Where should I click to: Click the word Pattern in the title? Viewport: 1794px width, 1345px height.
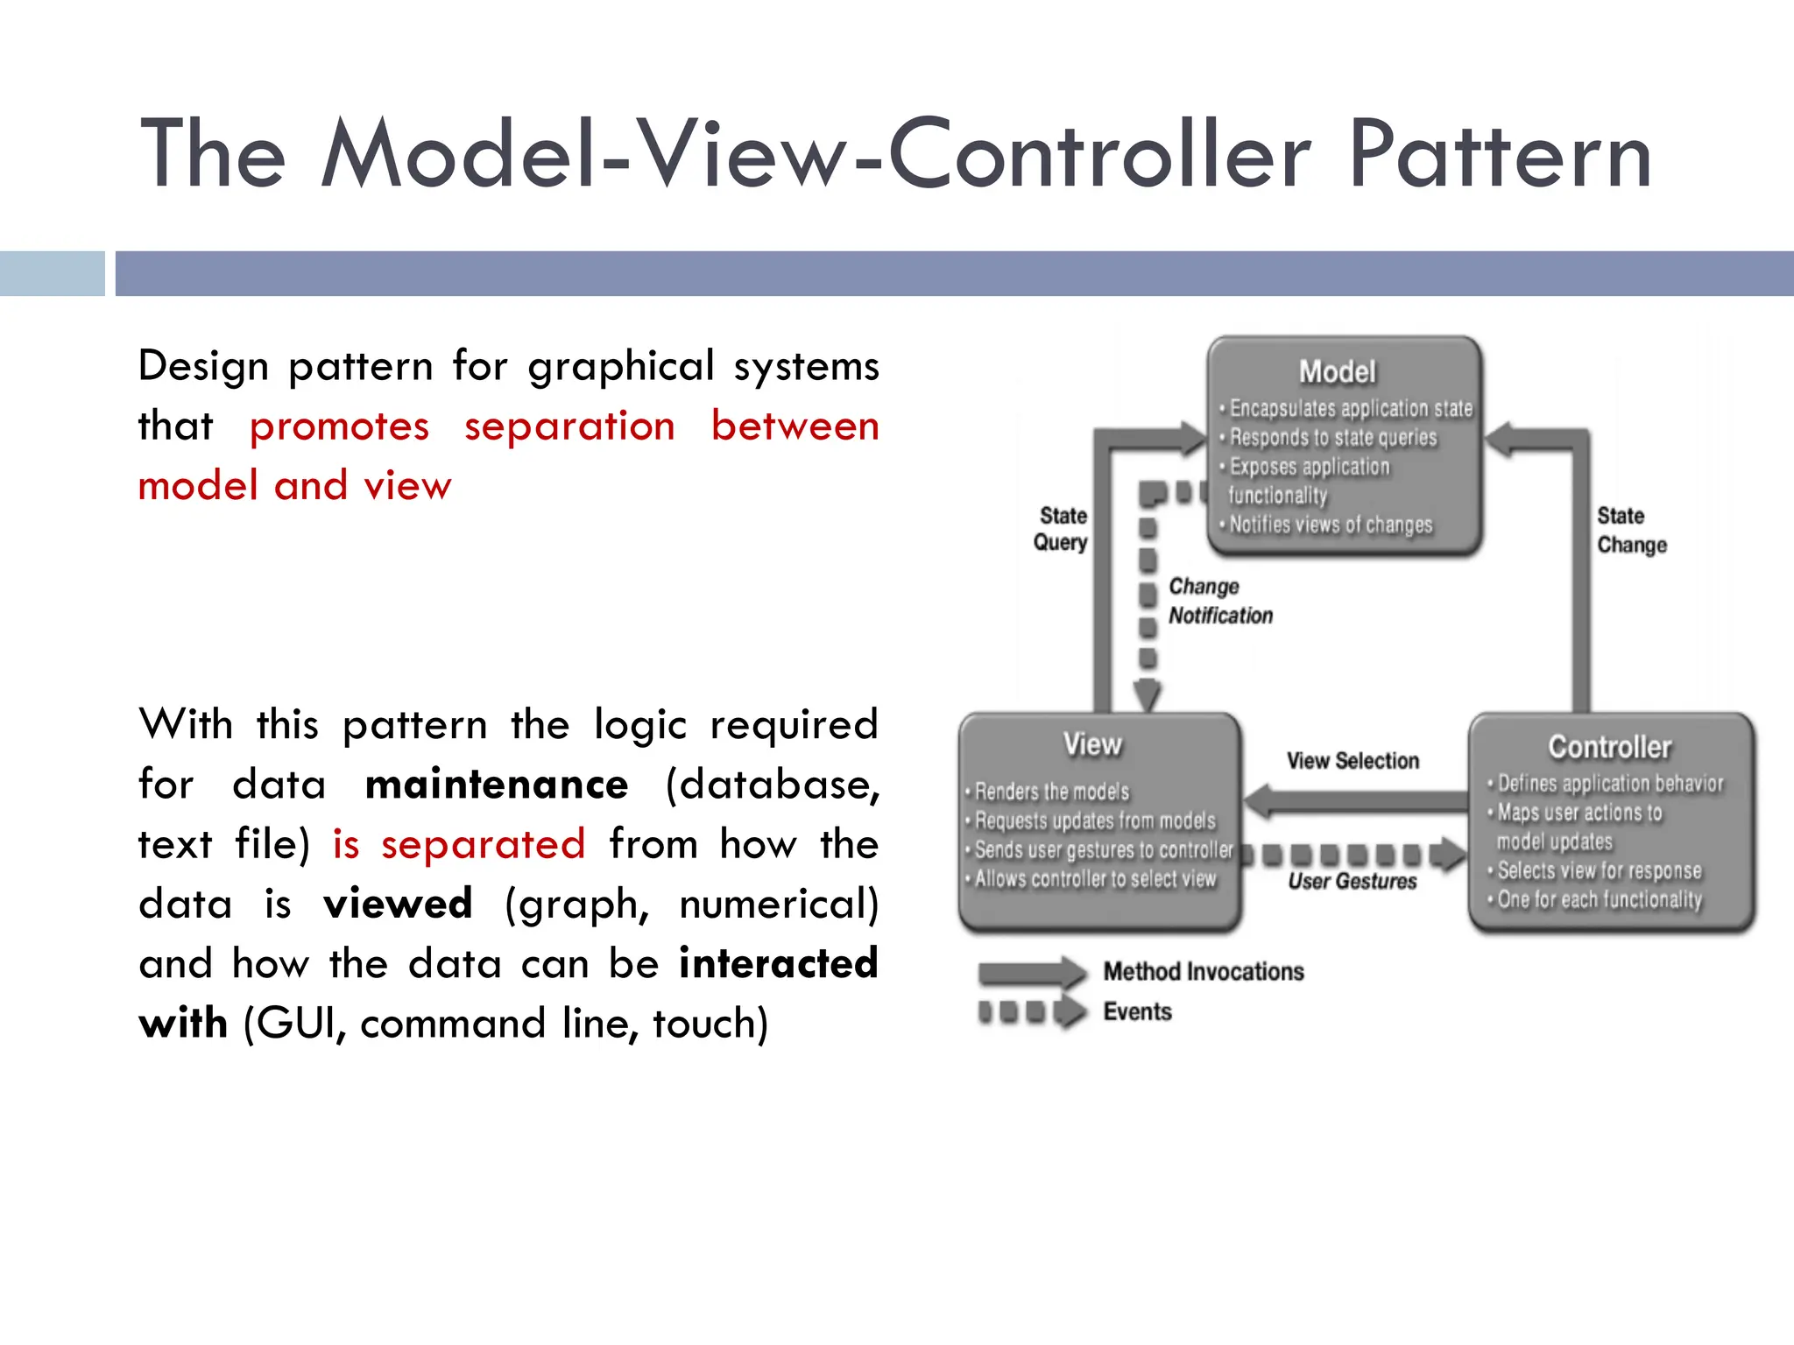pyautogui.click(x=1500, y=156)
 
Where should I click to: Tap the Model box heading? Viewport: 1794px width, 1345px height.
pyautogui.click(x=1337, y=372)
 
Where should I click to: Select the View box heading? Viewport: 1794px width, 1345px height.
pyautogui.click(x=1091, y=744)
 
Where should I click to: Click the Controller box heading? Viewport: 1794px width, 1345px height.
pyautogui.click(x=1609, y=747)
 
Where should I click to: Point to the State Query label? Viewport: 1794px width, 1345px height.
pyautogui.click(x=1061, y=529)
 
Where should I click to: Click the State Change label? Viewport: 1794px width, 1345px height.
pyautogui.click(x=1630, y=530)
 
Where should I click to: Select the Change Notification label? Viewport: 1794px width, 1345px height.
pyautogui.click(x=1219, y=601)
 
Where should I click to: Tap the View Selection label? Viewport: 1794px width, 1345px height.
pyautogui.click(x=1353, y=761)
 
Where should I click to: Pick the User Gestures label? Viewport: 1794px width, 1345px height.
pyautogui.click(x=1352, y=881)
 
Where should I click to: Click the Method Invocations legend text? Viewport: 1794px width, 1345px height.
pyautogui.click(x=1203, y=971)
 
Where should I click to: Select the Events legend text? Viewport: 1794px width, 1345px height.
pyautogui.click(x=1137, y=1011)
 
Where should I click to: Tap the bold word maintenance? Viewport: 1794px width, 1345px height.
pyautogui.click(x=496, y=785)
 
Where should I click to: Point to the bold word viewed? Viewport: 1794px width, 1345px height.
pyautogui.click(x=398, y=904)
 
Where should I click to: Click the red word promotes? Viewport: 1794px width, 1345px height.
pyautogui.click(x=339, y=426)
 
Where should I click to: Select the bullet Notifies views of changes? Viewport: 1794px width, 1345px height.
pyautogui.click(x=1330, y=525)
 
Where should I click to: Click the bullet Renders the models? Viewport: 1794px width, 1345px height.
pyautogui.click(x=1051, y=792)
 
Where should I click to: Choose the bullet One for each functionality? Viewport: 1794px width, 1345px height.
pyautogui.click(x=1599, y=899)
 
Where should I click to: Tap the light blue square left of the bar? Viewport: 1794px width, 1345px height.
pyautogui.click(x=52, y=273)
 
